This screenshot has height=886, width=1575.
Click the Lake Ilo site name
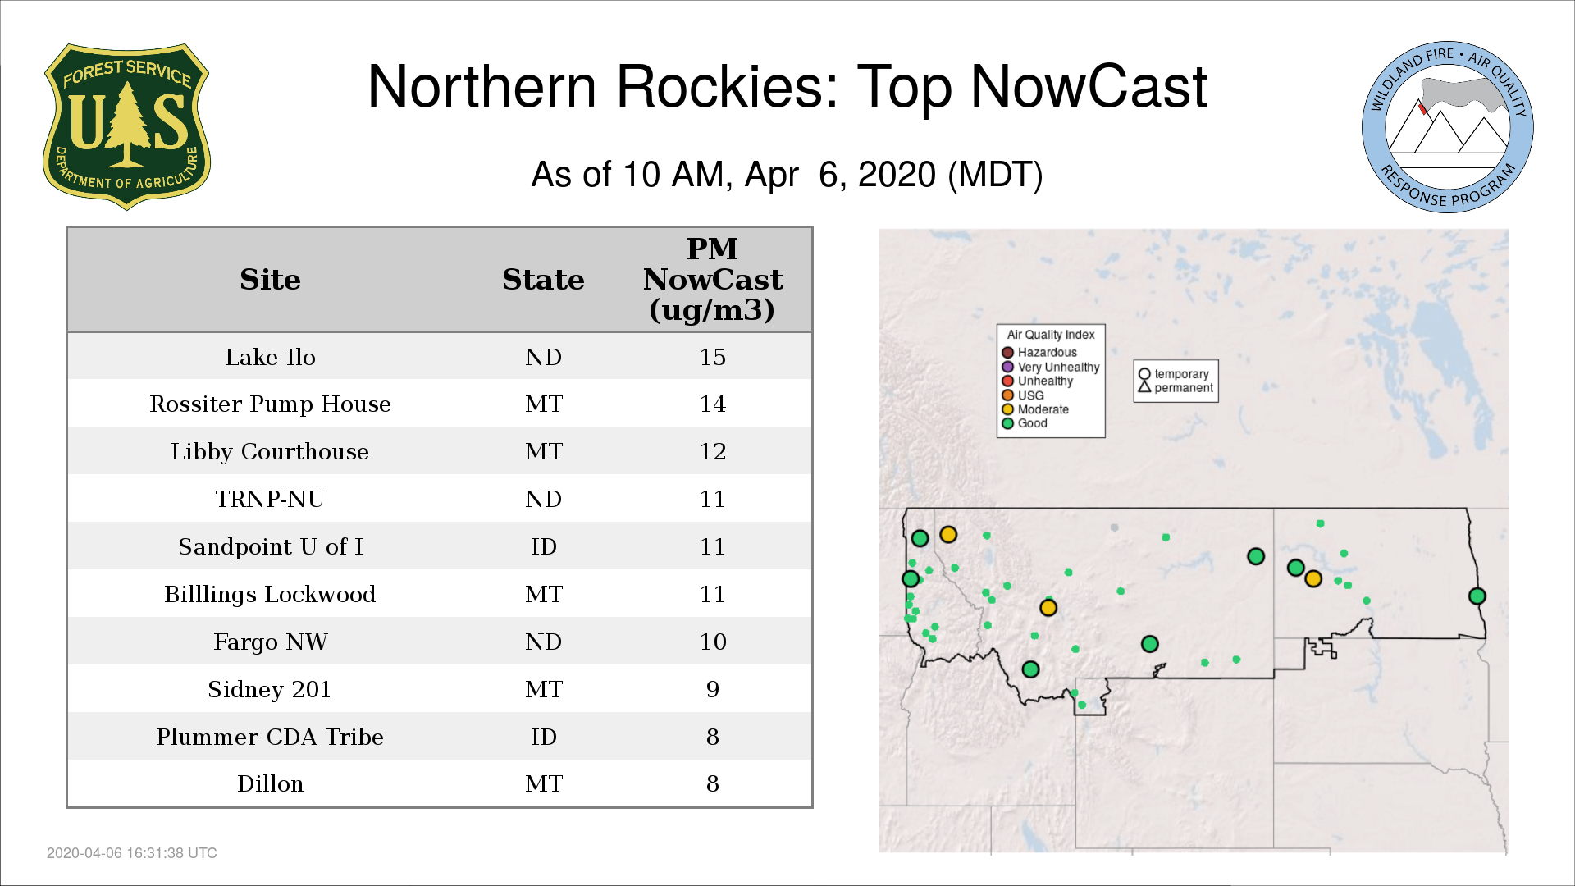tap(270, 357)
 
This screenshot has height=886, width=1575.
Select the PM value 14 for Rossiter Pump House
tap(712, 404)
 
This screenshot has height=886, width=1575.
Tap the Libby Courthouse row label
tap(270, 451)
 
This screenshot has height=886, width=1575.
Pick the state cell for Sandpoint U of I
tap(543, 546)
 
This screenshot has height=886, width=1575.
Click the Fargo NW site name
tap(270, 642)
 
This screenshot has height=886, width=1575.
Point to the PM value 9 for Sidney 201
tap(712, 689)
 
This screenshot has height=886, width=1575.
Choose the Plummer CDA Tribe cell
tap(270, 737)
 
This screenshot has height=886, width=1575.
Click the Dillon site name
tap(270, 784)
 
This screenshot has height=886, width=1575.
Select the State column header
tap(543, 280)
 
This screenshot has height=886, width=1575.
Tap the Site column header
tap(270, 280)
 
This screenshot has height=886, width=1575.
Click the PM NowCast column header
tap(712, 280)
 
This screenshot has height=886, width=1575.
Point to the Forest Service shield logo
tap(126, 126)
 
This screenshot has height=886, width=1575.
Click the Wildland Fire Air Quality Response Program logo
tap(1448, 127)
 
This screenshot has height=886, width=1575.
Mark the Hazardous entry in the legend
tap(1039, 353)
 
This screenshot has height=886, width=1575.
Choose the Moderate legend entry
tap(1035, 409)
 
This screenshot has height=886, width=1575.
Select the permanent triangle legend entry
tap(1176, 388)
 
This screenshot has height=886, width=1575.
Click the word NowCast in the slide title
tap(1089, 87)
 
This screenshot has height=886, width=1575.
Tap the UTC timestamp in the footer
tap(132, 853)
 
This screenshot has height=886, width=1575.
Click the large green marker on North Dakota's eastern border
tap(1477, 596)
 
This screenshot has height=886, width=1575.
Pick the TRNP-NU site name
tap(270, 499)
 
